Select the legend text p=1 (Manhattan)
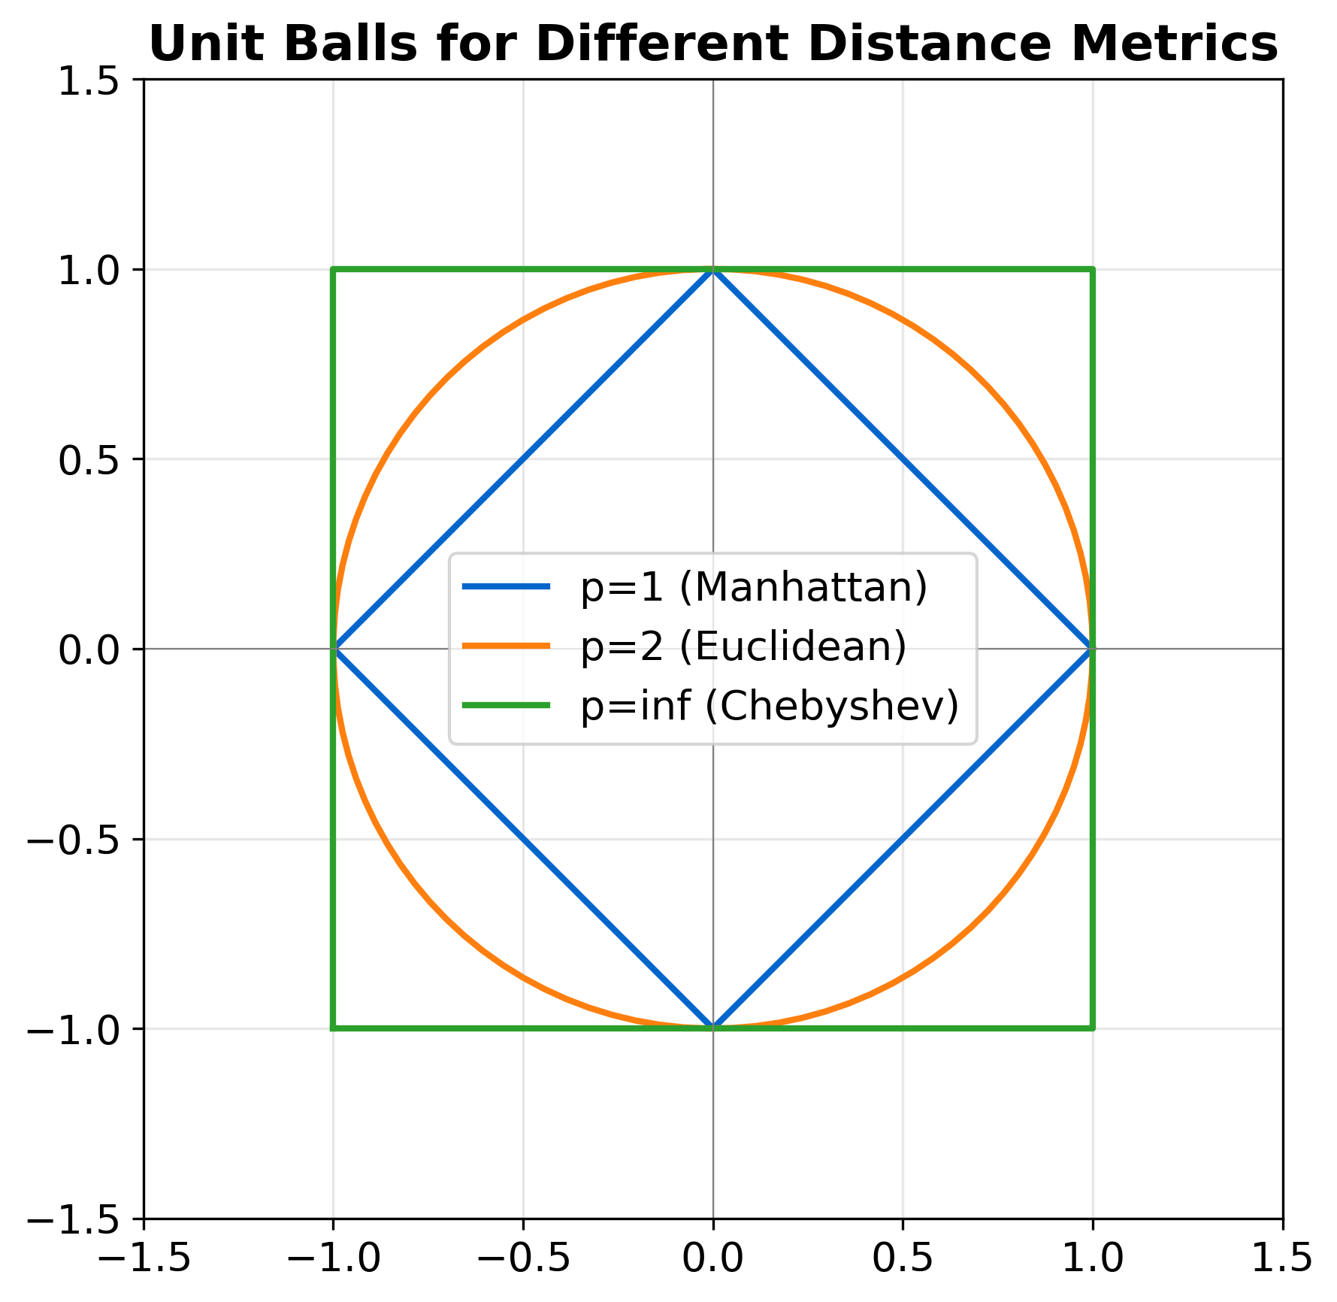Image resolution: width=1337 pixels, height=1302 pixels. (754, 588)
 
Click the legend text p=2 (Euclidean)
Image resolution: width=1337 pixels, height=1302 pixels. (743, 646)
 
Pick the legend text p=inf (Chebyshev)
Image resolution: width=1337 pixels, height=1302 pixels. (770, 706)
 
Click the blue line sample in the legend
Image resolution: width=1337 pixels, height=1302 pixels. (506, 587)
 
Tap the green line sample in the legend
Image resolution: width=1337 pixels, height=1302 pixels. (506, 705)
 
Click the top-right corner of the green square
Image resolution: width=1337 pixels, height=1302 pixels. (1093, 269)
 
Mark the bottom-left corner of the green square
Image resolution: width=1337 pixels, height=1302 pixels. (333, 1028)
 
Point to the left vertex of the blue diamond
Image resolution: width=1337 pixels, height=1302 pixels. (334, 649)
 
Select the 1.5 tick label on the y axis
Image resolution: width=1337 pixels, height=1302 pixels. (89, 80)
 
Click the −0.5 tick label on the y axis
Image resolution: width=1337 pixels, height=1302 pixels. (73, 840)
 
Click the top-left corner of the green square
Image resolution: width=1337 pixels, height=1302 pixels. (333, 269)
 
